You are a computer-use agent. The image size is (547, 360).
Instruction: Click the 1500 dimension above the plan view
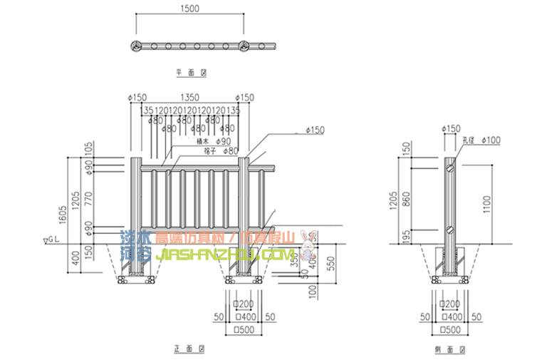point(189,9)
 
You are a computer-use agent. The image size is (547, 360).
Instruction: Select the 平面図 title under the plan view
point(190,73)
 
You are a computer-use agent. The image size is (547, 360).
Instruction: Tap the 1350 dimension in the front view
point(189,97)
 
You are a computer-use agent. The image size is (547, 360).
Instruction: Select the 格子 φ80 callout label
point(221,151)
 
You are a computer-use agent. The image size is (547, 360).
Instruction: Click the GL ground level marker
point(53,240)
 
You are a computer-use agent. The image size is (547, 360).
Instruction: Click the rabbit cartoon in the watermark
point(309,244)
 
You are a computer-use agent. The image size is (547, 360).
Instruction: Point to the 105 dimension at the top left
point(89,148)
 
